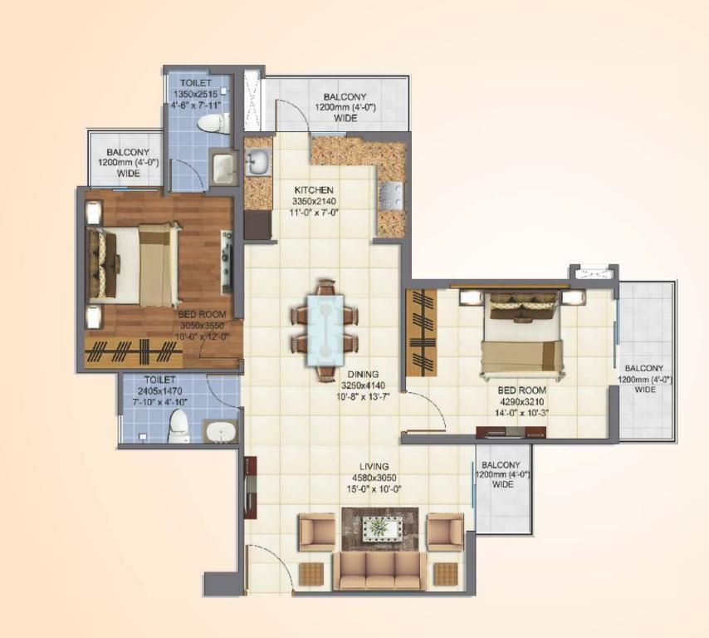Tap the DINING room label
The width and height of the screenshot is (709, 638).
[x=363, y=374]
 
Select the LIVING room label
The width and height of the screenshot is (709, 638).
[x=374, y=467]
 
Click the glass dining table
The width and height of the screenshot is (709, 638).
[x=325, y=330]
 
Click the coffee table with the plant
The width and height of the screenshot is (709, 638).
[x=380, y=528]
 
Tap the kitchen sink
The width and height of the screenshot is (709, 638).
[x=257, y=162]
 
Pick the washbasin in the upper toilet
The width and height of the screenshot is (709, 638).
[x=223, y=168]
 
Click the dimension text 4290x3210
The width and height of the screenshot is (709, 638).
[x=521, y=402]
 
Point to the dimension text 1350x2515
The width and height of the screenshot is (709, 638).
[x=196, y=94]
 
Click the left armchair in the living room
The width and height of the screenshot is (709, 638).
[x=317, y=532]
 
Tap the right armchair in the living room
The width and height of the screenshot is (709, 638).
[x=445, y=532]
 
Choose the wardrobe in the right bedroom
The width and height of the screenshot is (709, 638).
[x=422, y=332]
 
